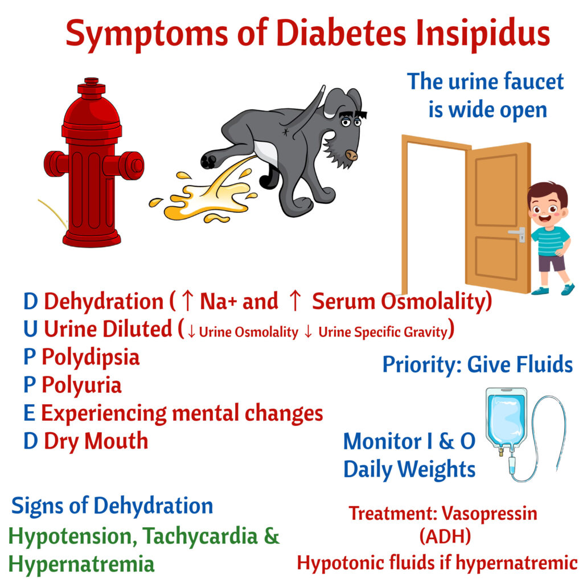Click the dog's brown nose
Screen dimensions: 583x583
(x=351, y=155)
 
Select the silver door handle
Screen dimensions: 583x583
(x=518, y=234)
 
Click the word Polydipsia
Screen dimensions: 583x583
(x=91, y=358)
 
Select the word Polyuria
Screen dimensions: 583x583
(x=81, y=385)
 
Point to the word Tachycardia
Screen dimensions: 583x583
(x=200, y=536)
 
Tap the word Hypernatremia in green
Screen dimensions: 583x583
(x=81, y=565)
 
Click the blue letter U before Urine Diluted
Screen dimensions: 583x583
(x=31, y=330)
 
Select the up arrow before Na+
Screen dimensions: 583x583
(x=188, y=301)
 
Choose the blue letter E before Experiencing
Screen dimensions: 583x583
(x=30, y=413)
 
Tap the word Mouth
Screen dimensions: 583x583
(x=116, y=441)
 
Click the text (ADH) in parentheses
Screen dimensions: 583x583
(x=445, y=536)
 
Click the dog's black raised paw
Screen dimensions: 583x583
(x=208, y=161)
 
